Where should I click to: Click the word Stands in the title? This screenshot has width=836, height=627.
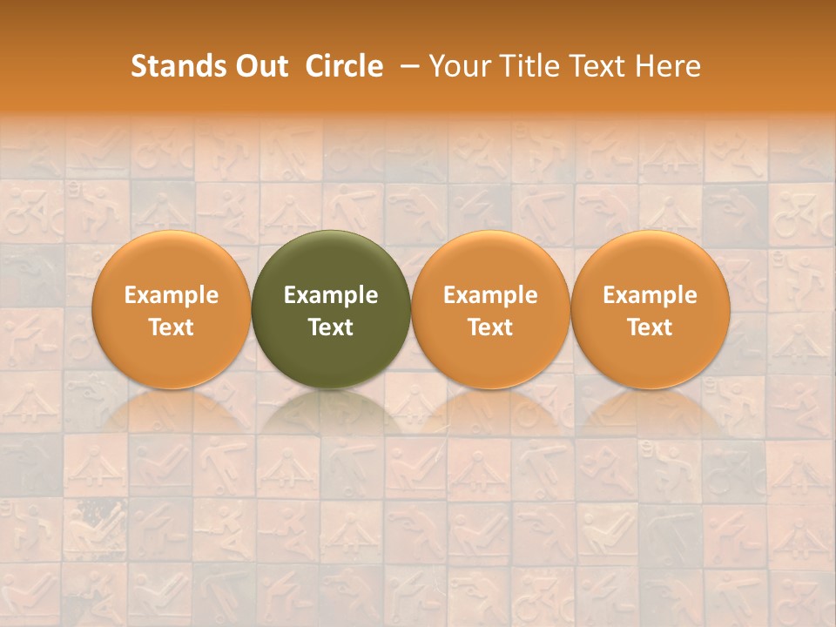click(172, 66)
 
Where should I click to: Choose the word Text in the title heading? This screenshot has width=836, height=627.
click(601, 66)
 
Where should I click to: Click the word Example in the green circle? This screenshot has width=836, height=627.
click(331, 295)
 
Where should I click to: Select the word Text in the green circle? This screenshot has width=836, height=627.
click(331, 327)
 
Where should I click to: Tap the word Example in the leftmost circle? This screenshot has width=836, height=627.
click(172, 295)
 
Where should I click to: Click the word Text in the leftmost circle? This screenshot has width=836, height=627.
click(172, 327)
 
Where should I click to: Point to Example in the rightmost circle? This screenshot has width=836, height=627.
click(651, 295)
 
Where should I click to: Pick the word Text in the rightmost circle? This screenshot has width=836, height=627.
click(651, 327)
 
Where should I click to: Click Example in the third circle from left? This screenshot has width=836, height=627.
click(490, 295)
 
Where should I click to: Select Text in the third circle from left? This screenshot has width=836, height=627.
click(490, 327)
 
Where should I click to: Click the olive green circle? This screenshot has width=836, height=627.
click(331, 261)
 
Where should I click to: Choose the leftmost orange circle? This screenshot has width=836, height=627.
click(172, 261)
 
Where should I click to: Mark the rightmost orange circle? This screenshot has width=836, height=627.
click(651, 261)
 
